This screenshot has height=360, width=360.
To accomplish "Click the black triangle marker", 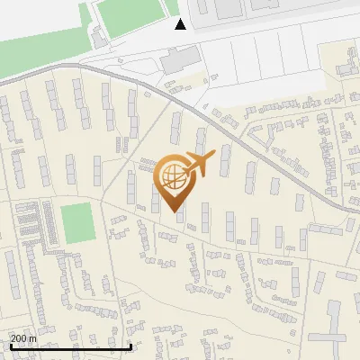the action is (180, 23).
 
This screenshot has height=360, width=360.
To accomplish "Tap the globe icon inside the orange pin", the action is (170, 176).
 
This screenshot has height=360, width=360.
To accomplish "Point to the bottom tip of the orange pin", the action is (171, 212).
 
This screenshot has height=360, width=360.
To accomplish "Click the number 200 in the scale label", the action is (19, 338).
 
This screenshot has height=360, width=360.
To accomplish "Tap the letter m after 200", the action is (33, 338).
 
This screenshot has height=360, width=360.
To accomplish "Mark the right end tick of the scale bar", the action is (131, 346).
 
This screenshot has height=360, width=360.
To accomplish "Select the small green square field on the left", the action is (77, 221).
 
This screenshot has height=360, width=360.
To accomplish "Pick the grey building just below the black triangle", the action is (176, 61).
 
